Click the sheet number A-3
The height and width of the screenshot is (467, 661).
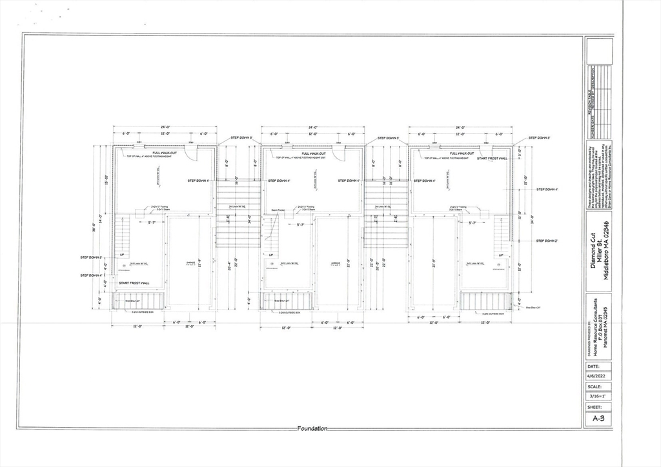tap(598, 418)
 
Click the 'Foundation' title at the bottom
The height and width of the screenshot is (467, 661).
tap(312, 428)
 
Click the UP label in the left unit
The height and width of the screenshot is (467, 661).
tap(121, 255)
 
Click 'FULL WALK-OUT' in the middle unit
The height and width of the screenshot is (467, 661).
tap(312, 153)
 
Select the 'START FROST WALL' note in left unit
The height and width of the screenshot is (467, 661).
tap(134, 283)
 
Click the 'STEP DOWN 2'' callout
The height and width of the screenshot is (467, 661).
tap(546, 241)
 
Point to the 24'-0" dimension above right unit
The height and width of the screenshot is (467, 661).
tap(460, 128)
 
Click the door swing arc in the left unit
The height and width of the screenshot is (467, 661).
tap(191, 153)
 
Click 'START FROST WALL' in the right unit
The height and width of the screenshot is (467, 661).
tap(492, 158)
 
